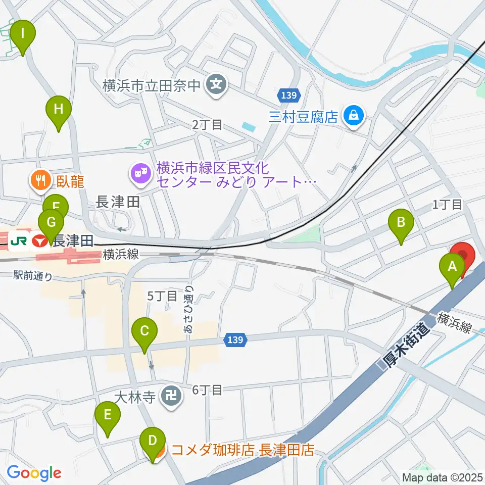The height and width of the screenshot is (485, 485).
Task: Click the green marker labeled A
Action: click(451, 265)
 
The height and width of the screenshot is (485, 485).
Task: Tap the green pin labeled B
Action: click(401, 222)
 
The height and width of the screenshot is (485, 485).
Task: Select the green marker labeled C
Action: click(144, 331)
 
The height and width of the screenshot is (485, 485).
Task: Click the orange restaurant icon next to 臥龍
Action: click(39, 179)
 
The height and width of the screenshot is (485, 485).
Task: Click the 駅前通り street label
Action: click(33, 276)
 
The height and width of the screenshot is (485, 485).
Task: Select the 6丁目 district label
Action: click(207, 390)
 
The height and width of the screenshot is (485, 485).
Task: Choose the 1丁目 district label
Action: click(447, 205)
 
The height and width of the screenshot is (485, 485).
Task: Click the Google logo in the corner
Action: click(34, 473)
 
